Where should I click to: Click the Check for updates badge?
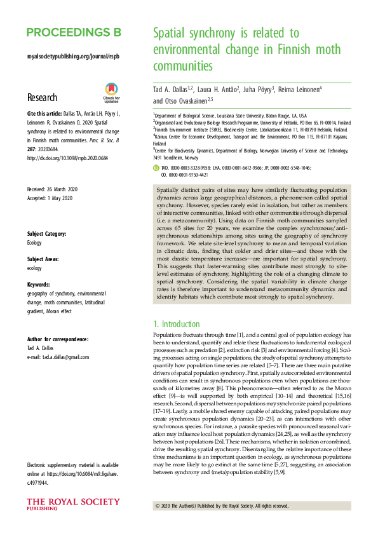pos(111,93)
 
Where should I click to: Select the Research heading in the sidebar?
pos(42,97)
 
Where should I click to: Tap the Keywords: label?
pos(39,285)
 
